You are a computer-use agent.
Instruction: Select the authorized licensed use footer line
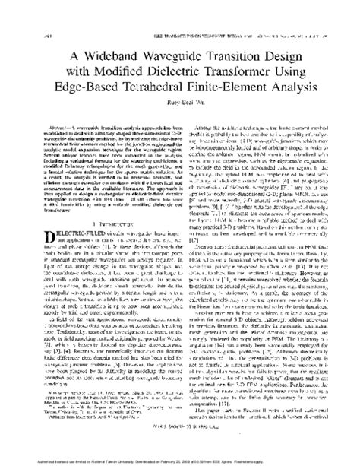179,459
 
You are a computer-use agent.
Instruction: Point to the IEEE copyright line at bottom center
180,447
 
